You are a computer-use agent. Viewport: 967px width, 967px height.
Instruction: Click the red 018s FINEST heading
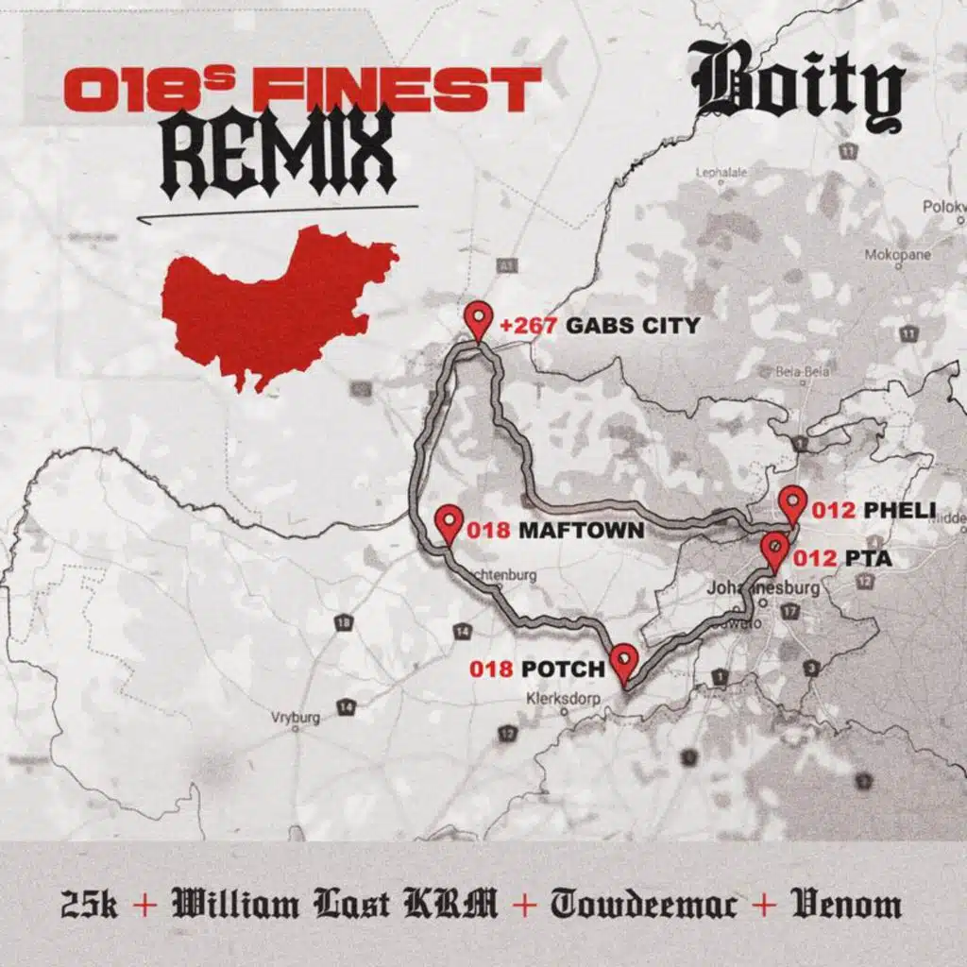click(x=302, y=90)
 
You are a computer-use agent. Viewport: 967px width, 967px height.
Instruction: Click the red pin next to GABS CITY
click(x=480, y=320)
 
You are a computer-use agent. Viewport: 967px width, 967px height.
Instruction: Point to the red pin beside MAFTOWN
click(x=450, y=522)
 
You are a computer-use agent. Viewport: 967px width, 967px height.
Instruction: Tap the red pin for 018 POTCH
click(x=623, y=661)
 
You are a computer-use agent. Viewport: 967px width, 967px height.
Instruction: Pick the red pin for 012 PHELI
click(x=792, y=503)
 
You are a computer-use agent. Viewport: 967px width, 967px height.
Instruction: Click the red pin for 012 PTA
click(x=774, y=551)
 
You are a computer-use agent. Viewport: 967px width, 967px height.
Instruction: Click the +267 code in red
click(x=532, y=326)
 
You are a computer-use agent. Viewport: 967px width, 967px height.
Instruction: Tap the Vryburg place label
click(x=296, y=718)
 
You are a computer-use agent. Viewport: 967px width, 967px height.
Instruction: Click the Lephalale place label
click(x=721, y=172)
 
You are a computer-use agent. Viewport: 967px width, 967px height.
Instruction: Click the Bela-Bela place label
click(x=802, y=372)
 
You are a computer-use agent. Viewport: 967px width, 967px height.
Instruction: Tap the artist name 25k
click(x=89, y=905)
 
